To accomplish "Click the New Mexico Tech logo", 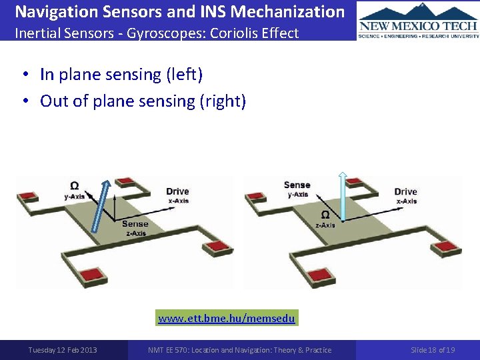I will pyautogui.click(x=418, y=20).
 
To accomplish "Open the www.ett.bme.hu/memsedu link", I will pyautogui.click(x=227, y=319).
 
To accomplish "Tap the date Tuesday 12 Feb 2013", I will pyautogui.click(x=63, y=350).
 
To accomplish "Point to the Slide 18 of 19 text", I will pyautogui.click(x=433, y=350).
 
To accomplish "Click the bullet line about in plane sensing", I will pyautogui.click(x=121, y=74).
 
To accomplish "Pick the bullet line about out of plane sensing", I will pyautogui.click(x=143, y=101).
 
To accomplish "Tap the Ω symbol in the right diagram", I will pyautogui.click(x=325, y=215).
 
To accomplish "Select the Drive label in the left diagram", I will pyautogui.click(x=177, y=191).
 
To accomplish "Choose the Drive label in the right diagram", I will pyautogui.click(x=405, y=191).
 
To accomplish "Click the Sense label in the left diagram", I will pyautogui.click(x=135, y=224).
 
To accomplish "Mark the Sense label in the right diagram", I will pyautogui.click(x=297, y=185).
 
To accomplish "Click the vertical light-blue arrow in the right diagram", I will pyautogui.click(x=342, y=196).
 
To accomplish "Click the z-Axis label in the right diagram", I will pyautogui.click(x=325, y=225).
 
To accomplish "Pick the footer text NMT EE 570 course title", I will pyautogui.click(x=240, y=350).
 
